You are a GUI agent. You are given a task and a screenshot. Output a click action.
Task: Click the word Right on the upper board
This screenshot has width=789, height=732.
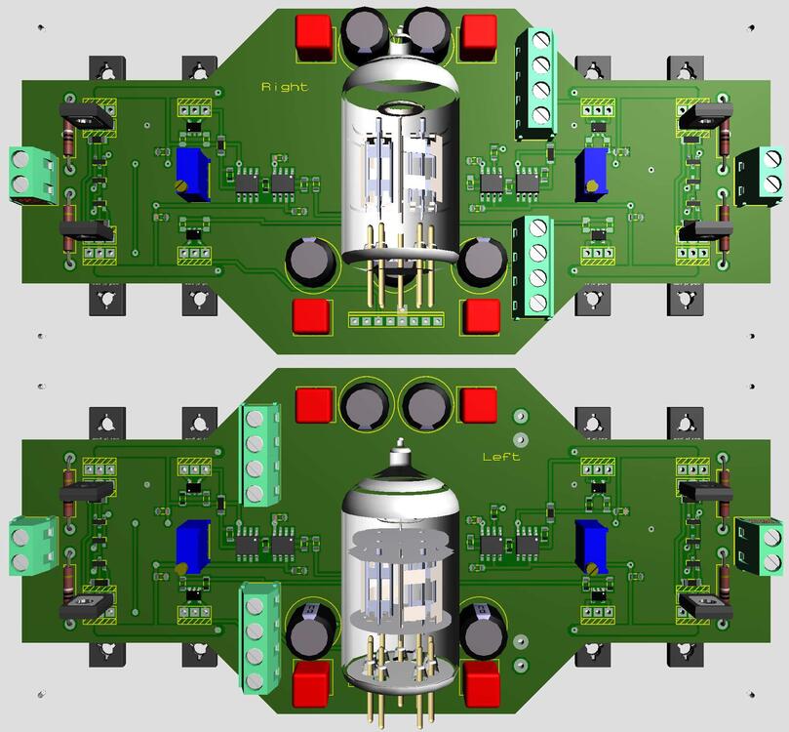tap(284, 87)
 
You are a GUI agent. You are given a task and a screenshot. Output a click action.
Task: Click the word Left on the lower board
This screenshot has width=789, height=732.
tap(501, 457)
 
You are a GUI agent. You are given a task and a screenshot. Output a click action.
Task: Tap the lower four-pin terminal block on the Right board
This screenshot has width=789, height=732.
tap(533, 264)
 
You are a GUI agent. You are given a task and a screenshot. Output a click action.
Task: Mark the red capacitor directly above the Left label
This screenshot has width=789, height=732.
tap(479, 404)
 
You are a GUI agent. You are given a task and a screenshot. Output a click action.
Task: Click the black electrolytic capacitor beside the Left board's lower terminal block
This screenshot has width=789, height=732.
tap(309, 633)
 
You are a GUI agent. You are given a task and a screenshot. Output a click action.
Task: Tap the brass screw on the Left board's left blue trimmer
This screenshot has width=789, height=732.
tap(180, 568)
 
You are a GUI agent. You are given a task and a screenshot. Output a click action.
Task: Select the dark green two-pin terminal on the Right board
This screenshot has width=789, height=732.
tap(760, 176)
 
